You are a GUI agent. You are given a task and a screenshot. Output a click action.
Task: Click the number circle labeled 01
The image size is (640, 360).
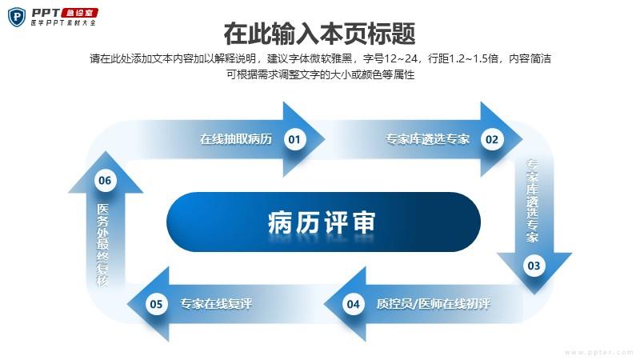click(294, 139)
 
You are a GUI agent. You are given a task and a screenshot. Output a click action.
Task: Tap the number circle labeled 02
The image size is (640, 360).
click(492, 139)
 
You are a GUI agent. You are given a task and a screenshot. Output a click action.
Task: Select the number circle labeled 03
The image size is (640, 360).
click(534, 266)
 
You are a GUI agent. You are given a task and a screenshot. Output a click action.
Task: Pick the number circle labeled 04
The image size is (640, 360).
click(353, 304)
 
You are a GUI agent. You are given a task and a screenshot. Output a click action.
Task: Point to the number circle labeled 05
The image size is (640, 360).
click(156, 304)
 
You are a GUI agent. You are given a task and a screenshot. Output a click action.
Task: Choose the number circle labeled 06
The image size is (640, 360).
click(105, 181)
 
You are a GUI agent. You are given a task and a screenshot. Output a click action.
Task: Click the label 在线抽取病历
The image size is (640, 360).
click(236, 139)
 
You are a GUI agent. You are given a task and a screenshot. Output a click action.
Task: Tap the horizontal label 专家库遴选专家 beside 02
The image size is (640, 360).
click(427, 139)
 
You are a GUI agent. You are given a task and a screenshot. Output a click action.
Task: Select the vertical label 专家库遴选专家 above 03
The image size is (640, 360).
click(532, 202)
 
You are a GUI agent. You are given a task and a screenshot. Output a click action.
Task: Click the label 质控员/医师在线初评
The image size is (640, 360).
click(433, 304)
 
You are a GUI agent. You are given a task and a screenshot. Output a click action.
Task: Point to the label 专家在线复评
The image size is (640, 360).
click(216, 304)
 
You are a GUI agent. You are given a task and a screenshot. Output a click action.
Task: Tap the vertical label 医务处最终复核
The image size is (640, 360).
click(103, 245)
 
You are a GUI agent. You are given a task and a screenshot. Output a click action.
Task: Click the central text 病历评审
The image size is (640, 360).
click(322, 222)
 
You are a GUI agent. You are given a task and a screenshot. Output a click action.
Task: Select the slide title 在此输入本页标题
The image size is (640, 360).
click(319, 34)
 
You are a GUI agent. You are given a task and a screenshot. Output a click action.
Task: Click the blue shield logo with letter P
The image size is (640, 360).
click(17, 17)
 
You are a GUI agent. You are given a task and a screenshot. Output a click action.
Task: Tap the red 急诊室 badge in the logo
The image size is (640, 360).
click(80, 13)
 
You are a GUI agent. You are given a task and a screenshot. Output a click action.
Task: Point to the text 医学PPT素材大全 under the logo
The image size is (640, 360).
click(63, 23)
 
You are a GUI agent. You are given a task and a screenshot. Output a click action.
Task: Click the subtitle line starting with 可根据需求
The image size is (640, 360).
click(321, 74)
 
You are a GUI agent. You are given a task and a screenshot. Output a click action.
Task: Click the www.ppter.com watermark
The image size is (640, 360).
click(598, 352)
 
